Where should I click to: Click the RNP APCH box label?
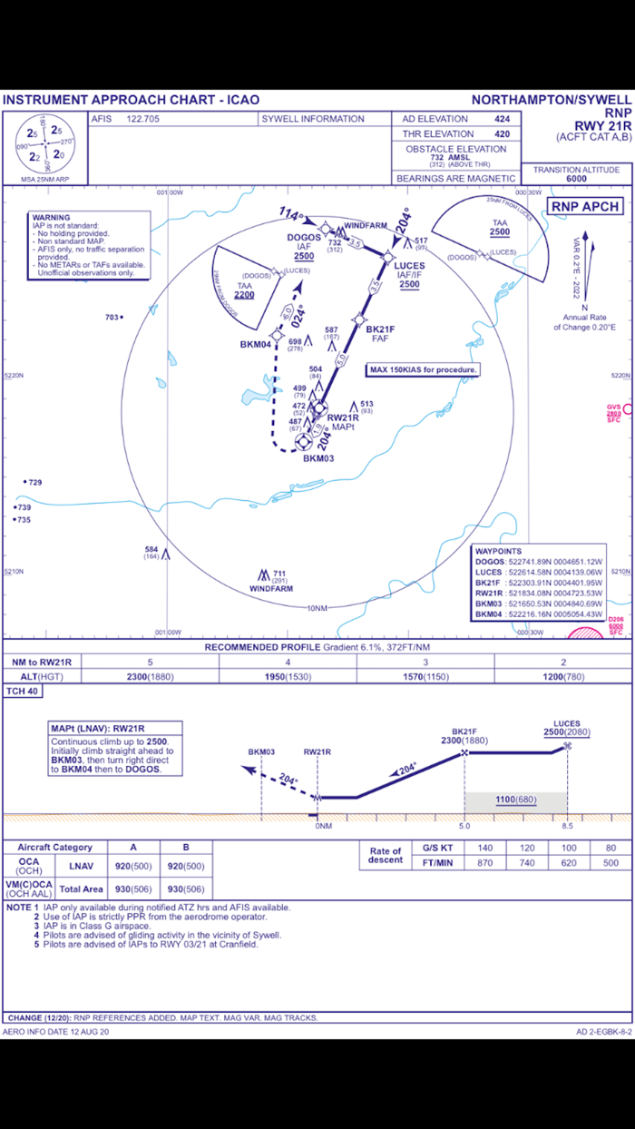[x=586, y=206]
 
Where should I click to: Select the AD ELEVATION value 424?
[x=502, y=119]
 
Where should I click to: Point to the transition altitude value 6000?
[x=576, y=179]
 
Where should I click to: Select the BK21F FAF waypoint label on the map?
[x=380, y=330]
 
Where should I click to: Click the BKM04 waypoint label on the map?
[x=256, y=344]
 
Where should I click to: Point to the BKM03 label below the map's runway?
[x=318, y=458]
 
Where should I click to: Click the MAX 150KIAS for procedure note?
[x=423, y=369]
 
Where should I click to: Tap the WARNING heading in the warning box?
[x=51, y=218]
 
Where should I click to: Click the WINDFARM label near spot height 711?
[x=271, y=588]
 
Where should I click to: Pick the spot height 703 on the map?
[x=112, y=317]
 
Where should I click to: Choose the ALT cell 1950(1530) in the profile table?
[x=288, y=676]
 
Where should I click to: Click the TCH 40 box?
[x=23, y=691]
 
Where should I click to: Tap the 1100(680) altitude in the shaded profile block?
[x=515, y=800]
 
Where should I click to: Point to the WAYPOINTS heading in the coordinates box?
[x=498, y=551]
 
